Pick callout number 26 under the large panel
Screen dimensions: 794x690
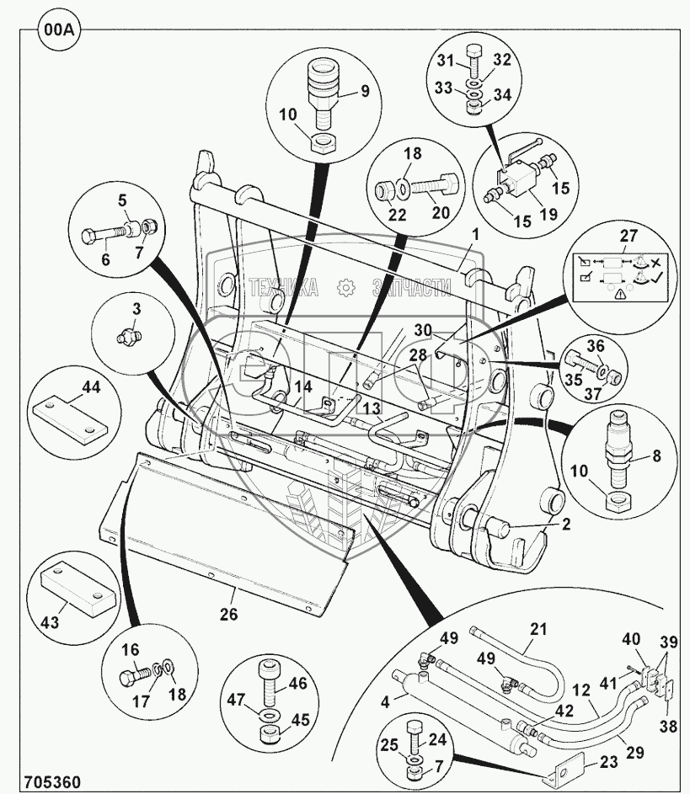click(227, 615)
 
